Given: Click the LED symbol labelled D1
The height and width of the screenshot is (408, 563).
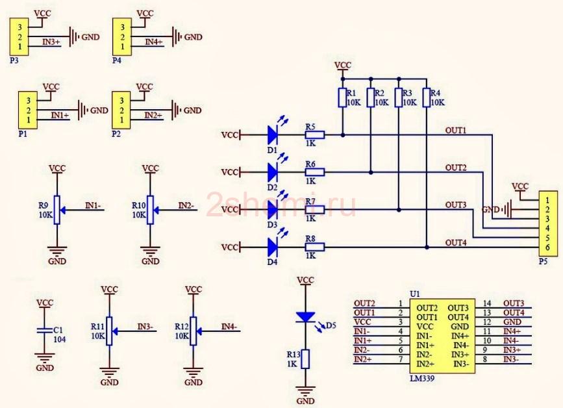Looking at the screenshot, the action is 273,135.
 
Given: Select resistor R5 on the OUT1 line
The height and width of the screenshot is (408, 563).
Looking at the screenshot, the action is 315,135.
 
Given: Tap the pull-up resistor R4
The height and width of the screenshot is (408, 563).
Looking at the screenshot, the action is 426,97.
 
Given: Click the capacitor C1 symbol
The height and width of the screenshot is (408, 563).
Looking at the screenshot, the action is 45,331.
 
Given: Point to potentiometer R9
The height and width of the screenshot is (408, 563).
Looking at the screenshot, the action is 56,210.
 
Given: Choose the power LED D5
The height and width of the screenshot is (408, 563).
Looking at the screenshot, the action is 305,317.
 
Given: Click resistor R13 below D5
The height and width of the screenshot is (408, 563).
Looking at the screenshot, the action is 305,359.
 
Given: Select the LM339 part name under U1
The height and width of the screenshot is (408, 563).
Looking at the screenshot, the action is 422,378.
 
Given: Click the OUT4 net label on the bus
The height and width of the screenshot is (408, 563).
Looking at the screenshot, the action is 456,243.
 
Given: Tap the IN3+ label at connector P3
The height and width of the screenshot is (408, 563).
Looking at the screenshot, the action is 51,42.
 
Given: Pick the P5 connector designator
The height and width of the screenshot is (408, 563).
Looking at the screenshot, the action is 544,261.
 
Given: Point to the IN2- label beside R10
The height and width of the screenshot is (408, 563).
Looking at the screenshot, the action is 186,205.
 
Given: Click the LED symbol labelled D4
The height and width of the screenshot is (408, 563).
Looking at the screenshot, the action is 273,247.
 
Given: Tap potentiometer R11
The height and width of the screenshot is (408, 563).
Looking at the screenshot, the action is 109,331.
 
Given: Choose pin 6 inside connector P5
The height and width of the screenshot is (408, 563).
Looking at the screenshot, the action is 547,247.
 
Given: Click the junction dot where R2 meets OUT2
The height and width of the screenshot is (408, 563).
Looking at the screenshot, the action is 371,173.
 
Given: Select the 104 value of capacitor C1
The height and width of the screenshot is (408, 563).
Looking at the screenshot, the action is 60,339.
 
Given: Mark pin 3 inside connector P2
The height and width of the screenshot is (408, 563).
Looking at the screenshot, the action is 121,101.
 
